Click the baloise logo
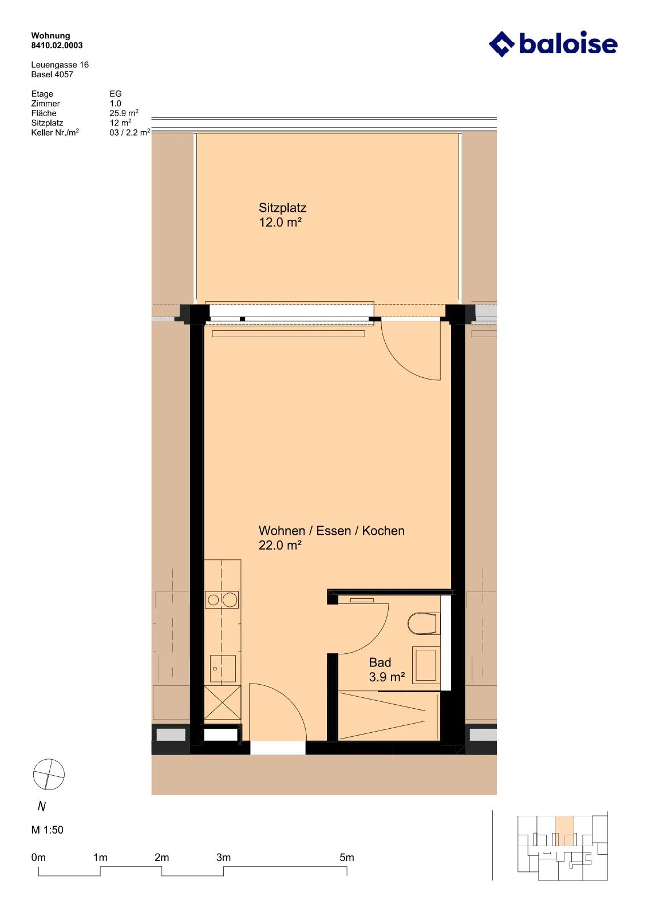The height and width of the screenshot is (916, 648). pyautogui.click(x=553, y=44)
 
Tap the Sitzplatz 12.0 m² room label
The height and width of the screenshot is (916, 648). pyautogui.click(x=282, y=215)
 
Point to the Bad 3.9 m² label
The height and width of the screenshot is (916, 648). pyautogui.click(x=387, y=669)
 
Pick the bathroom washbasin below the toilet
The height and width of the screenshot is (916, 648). pyautogui.click(x=426, y=665)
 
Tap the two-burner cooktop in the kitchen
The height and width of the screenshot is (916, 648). pyautogui.click(x=222, y=600)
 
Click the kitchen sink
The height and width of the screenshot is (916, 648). pyautogui.click(x=223, y=669)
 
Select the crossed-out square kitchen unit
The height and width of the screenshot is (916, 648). pyautogui.click(x=223, y=702)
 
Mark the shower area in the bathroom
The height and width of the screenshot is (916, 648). pyautogui.click(x=389, y=716)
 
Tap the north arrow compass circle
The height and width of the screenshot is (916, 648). pyautogui.click(x=49, y=774)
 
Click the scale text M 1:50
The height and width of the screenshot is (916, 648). pyautogui.click(x=48, y=830)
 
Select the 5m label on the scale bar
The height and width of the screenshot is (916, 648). pyautogui.click(x=347, y=858)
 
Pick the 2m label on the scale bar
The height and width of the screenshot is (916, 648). pyautogui.click(x=162, y=858)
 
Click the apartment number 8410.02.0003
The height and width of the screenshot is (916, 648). pyautogui.click(x=57, y=45)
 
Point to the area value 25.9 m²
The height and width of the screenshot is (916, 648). pyautogui.click(x=124, y=113)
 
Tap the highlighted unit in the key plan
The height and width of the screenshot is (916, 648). pyautogui.click(x=564, y=831)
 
